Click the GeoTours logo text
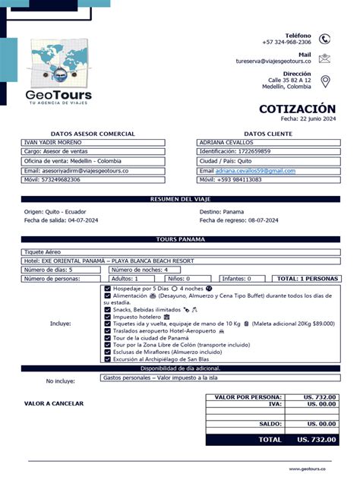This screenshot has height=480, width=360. click(x=58, y=96)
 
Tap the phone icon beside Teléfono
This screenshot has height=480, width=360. click(x=325, y=39)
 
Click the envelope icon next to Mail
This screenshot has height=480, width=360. click(x=325, y=58)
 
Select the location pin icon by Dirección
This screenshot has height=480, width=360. click(x=325, y=81)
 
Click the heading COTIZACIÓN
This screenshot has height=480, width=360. click(x=297, y=109)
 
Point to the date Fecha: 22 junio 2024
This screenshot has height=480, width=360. click(x=308, y=118)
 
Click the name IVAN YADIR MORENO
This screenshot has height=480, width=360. click(x=53, y=142)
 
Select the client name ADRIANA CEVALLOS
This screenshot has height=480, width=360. click(x=225, y=142)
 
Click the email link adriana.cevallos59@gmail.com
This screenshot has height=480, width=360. click(x=254, y=171)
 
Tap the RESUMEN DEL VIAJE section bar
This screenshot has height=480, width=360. click(x=180, y=199)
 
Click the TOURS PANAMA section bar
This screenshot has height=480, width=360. click(x=180, y=239)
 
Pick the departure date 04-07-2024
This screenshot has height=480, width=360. click(x=83, y=220)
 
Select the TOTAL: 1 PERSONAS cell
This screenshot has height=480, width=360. click(x=308, y=279)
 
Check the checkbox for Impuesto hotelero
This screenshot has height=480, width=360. click(x=107, y=317)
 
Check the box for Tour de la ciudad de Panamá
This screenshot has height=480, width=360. click(x=107, y=337)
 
